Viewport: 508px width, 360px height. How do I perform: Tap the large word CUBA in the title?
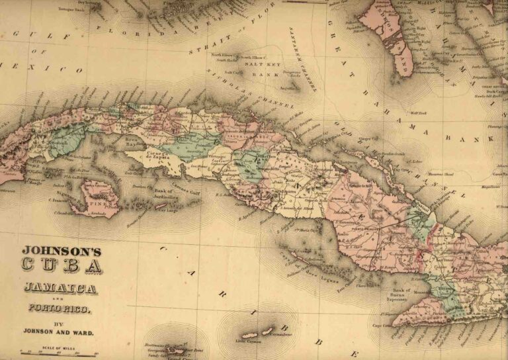[x=62, y=266]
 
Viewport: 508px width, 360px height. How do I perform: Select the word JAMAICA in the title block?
[x=61, y=288]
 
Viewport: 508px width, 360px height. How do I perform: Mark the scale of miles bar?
[x=58, y=353]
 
